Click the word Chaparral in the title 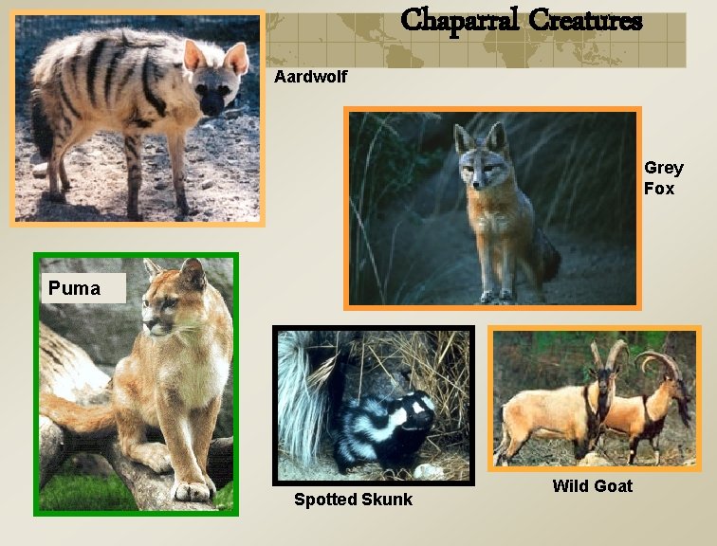[x=460, y=20]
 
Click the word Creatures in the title [x=586, y=20]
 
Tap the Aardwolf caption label [x=310, y=77]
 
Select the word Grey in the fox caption [x=663, y=168]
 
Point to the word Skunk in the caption [x=386, y=500]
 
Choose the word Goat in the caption [x=613, y=486]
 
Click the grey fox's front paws [x=497, y=296]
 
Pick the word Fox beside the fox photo [x=659, y=189]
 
